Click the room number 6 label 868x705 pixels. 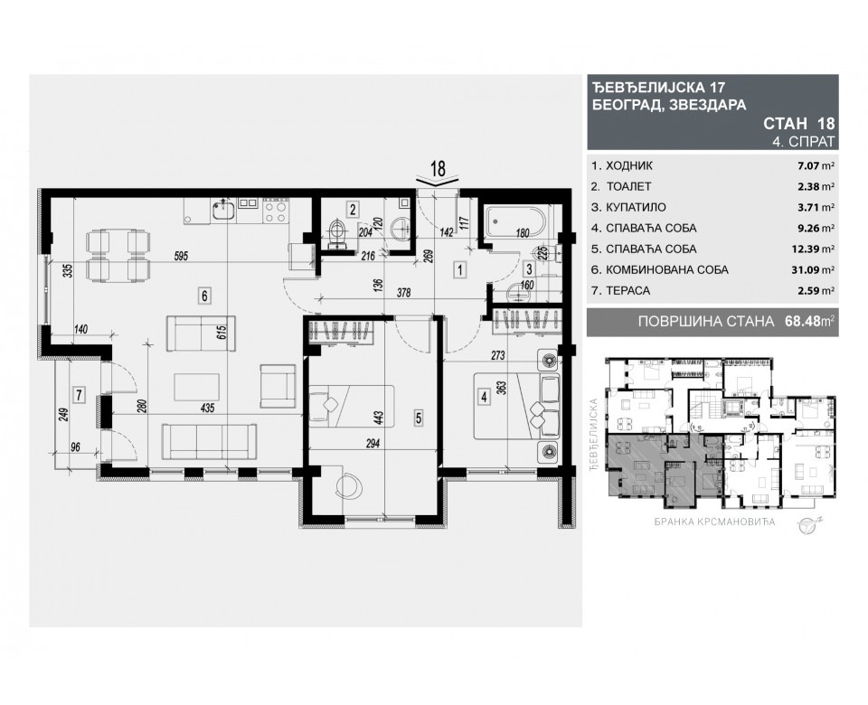[205, 294]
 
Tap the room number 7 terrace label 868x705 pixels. [80, 394]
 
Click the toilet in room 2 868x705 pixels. [337, 231]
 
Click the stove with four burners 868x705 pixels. [275, 212]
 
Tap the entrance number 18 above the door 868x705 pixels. [439, 168]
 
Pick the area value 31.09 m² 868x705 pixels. [812, 269]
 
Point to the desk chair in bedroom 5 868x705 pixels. [347, 485]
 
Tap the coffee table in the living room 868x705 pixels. [201, 387]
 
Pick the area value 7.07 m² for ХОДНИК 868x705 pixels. [815, 166]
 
